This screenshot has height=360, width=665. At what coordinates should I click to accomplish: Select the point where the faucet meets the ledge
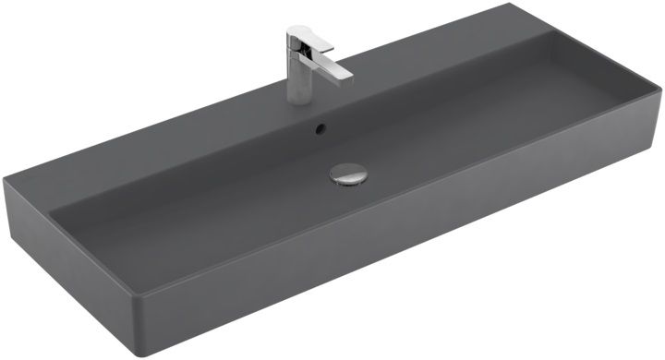300,99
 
